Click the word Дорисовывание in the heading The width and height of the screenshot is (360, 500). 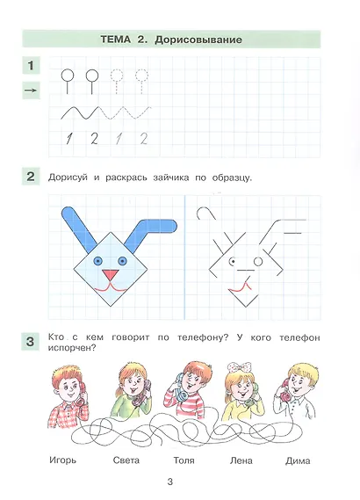(198, 40)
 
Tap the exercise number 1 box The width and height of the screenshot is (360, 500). (31, 66)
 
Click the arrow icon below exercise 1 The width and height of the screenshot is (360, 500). (31, 91)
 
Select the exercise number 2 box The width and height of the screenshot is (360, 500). (31, 177)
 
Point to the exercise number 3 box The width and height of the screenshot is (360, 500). (30, 342)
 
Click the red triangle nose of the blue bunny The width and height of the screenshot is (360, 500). (111, 275)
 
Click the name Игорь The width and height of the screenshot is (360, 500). (62, 460)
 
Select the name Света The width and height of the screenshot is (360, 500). (126, 460)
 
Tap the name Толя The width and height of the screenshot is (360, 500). (184, 460)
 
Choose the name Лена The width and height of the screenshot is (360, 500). (241, 460)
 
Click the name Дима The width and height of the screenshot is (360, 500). (298, 461)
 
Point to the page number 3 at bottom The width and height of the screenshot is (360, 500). (170, 482)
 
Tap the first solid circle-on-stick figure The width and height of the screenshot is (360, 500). (68, 82)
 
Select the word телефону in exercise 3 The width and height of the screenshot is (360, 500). (203, 338)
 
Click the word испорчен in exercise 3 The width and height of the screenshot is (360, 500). (72, 348)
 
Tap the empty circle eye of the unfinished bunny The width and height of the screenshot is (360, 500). (258, 262)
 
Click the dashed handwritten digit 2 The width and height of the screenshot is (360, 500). (144, 139)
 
